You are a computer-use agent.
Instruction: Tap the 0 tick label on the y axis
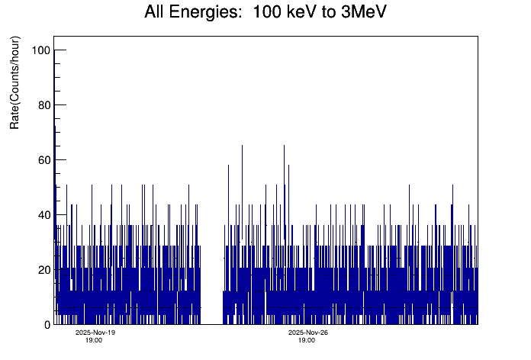47,324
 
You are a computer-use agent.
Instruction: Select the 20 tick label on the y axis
43,269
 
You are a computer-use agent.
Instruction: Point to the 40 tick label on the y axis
43,214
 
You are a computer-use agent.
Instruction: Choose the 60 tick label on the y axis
43,159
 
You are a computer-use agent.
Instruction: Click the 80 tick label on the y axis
43,104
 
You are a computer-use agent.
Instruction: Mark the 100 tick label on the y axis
40,50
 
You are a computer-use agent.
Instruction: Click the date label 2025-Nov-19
95,333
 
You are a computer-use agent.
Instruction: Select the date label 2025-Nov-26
307,333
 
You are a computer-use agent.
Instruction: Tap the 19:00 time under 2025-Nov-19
95,340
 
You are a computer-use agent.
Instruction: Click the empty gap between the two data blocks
211,229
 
